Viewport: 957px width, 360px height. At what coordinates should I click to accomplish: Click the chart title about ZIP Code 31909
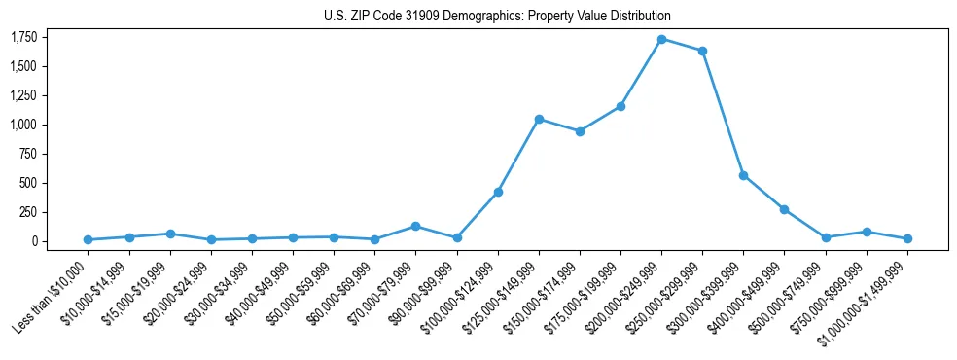tap(497, 17)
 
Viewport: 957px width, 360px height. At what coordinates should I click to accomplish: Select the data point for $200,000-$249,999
tap(661, 39)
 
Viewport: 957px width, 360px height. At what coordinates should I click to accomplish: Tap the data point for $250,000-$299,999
tap(702, 51)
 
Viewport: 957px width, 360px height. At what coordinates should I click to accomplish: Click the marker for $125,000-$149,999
tap(539, 119)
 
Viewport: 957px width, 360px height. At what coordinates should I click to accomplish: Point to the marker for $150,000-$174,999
tap(580, 131)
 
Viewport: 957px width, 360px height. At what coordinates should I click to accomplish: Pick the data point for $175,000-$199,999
tap(620, 106)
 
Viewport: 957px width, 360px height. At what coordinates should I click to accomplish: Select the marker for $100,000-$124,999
tap(498, 193)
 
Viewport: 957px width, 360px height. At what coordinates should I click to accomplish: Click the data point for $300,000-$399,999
tap(743, 175)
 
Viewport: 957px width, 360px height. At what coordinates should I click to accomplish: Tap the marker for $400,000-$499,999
tap(784, 209)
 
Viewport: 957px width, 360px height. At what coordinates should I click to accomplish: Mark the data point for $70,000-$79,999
tap(415, 226)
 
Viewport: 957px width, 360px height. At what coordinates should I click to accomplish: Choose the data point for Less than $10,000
tap(89, 239)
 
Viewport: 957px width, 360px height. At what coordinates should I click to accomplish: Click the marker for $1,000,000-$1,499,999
tap(907, 238)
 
